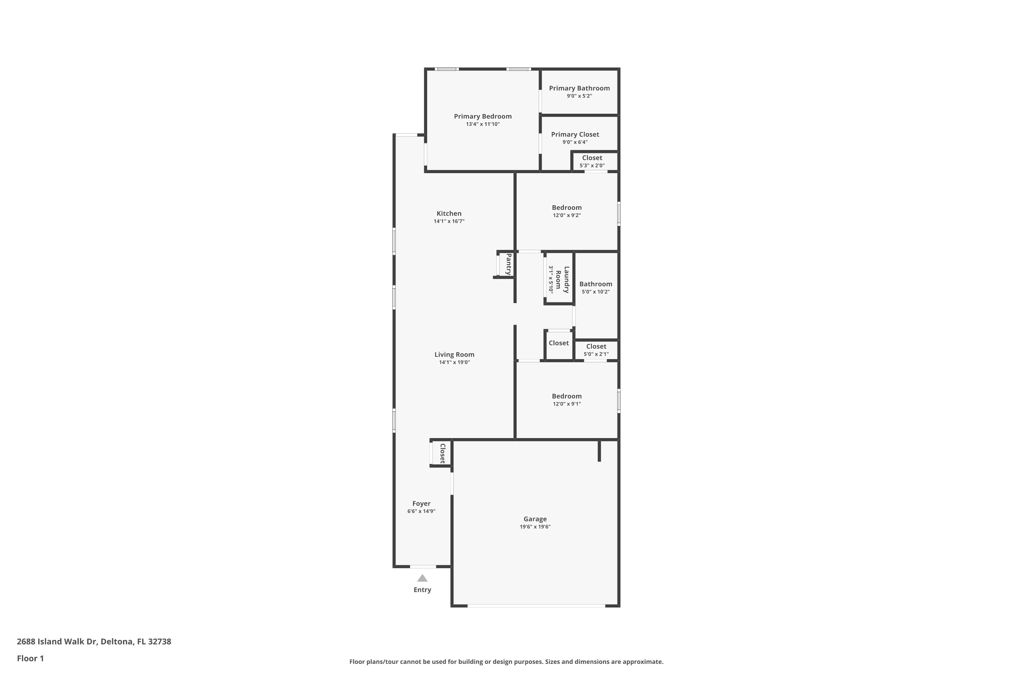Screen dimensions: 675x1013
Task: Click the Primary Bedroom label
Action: tap(483, 116)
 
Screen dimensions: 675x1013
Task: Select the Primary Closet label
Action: tap(575, 134)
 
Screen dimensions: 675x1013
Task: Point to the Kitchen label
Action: tap(449, 214)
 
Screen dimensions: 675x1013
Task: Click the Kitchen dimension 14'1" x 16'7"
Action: tap(449, 221)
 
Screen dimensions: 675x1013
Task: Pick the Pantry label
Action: tap(508, 264)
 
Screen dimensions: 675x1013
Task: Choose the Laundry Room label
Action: tap(562, 279)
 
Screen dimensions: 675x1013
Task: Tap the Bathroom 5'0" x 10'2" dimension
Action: tap(595, 292)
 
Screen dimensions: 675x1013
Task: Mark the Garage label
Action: tap(535, 519)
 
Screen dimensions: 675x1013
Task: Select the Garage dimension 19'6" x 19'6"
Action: tap(535, 526)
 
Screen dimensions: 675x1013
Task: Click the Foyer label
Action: tap(421, 503)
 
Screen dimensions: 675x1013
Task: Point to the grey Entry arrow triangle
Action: tap(422, 578)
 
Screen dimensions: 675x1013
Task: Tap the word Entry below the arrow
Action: tap(422, 590)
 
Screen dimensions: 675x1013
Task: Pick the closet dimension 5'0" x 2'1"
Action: tap(596, 354)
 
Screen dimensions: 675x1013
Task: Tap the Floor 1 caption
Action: tap(30, 658)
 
